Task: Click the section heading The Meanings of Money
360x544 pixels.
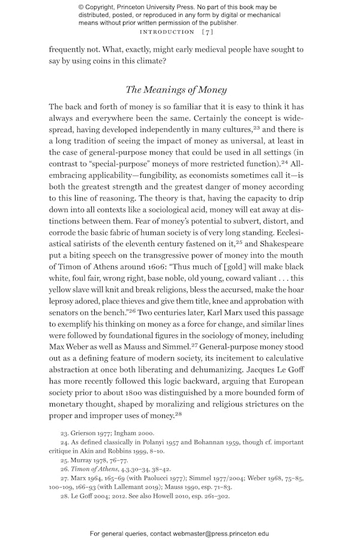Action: tap(176, 90)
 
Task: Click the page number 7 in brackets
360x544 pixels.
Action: tap(207, 32)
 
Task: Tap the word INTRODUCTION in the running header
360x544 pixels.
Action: tap(166, 32)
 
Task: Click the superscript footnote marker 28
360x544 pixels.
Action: tap(177, 414)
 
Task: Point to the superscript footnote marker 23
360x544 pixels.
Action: tap(256, 128)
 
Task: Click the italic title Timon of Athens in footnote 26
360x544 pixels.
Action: tap(94, 468)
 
